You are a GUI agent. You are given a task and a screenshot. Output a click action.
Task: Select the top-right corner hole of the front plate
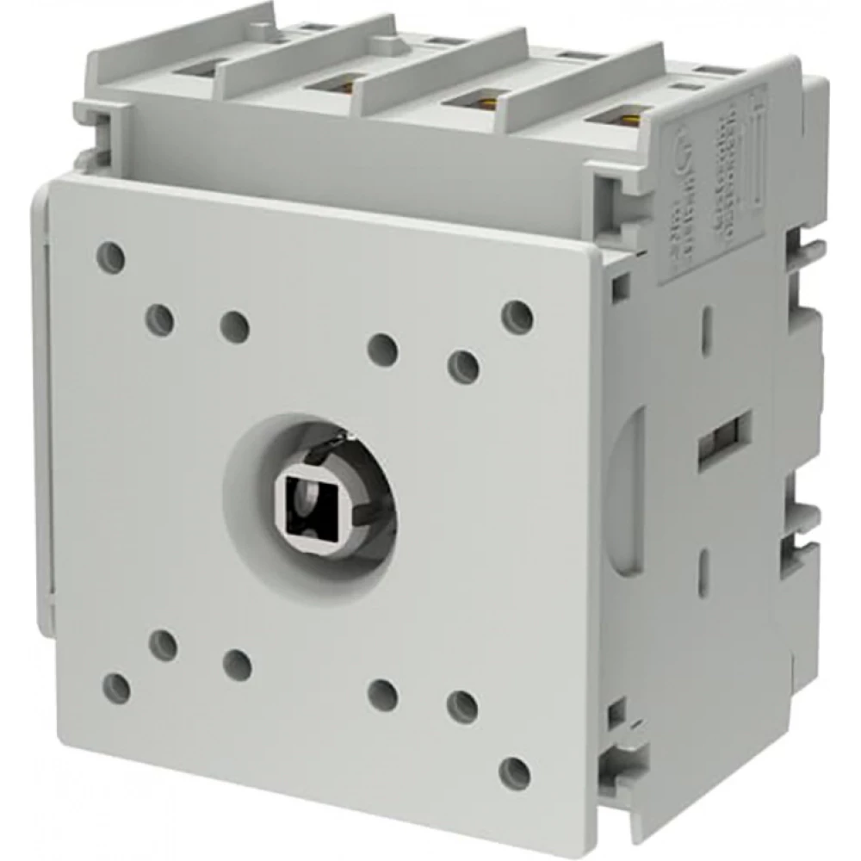[516, 316]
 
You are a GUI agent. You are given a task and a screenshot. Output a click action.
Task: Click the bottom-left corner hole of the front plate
[116, 688]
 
